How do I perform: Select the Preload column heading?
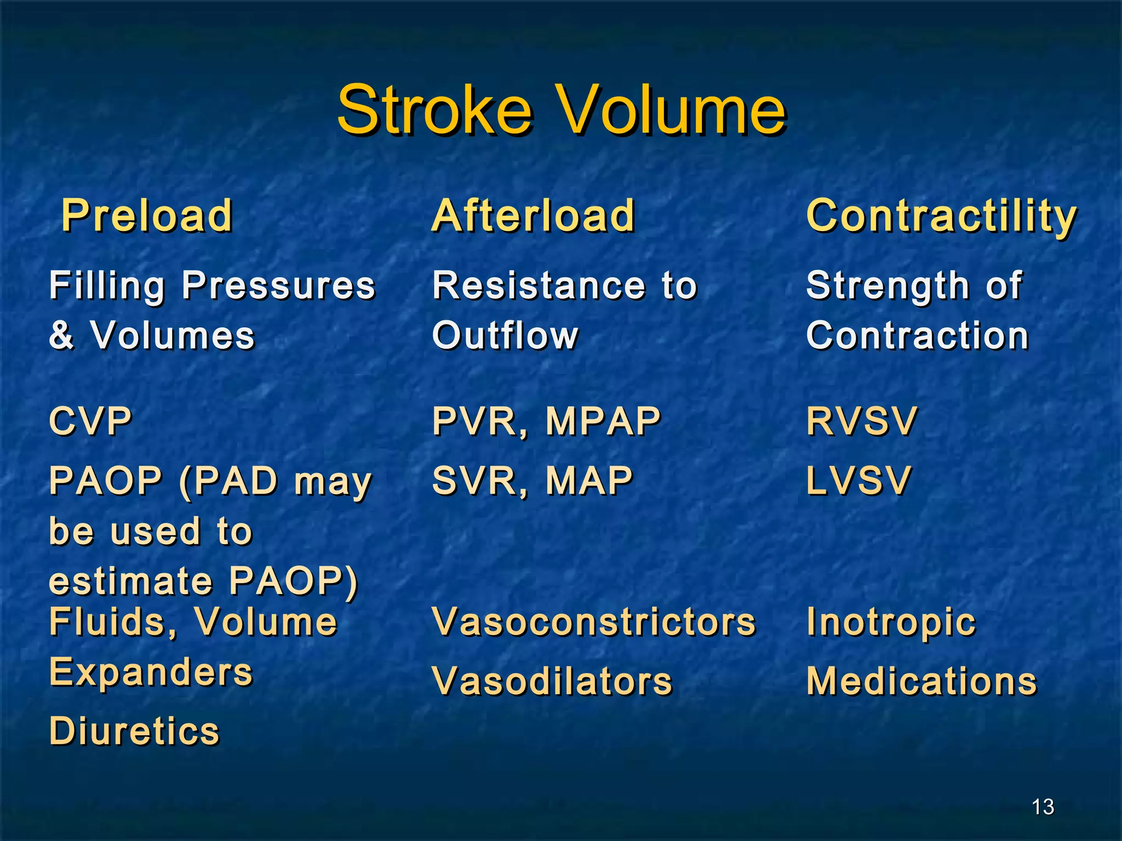pyautogui.click(x=147, y=216)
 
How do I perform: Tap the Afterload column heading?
pyautogui.click(x=533, y=216)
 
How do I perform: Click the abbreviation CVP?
pyautogui.click(x=90, y=422)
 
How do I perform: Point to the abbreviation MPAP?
pyautogui.click(x=603, y=422)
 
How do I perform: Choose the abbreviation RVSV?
pyautogui.click(x=861, y=422)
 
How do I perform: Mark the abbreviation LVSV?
pyautogui.click(x=858, y=481)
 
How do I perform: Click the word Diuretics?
pyautogui.click(x=134, y=731)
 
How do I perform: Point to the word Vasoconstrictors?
pyautogui.click(x=594, y=623)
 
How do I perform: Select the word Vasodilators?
pyautogui.click(x=552, y=682)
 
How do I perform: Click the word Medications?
pyautogui.click(x=921, y=682)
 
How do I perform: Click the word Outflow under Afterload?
pyautogui.click(x=505, y=336)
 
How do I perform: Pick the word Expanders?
pyautogui.click(x=151, y=673)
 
